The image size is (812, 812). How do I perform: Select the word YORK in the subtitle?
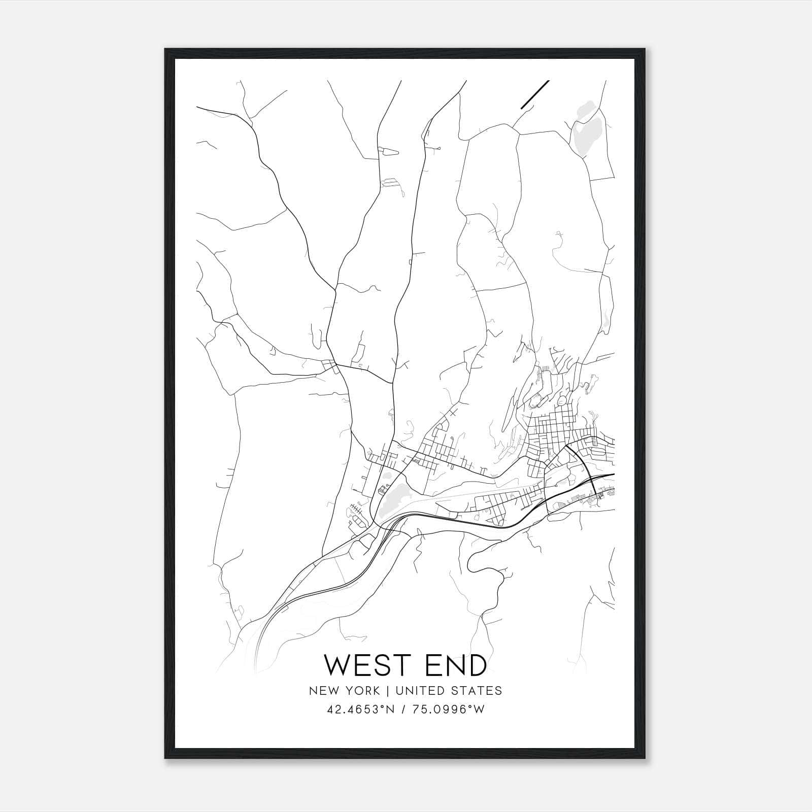pos(362,691)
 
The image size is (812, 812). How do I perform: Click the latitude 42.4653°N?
pos(360,709)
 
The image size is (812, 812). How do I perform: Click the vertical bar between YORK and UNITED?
pos(387,691)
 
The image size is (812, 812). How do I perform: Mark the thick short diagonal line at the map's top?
pos(535,94)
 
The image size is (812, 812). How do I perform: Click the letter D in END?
pos(478,665)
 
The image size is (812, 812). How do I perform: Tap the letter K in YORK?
pos(376,691)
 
